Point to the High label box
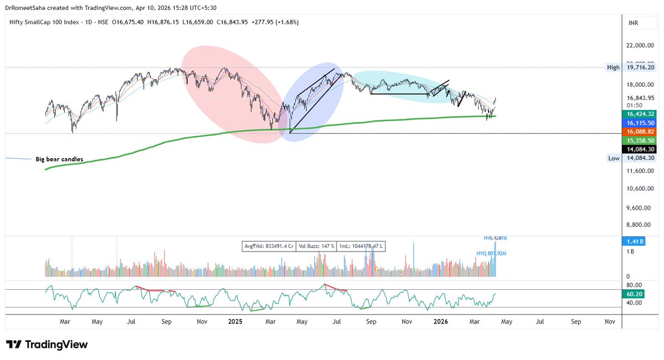[x=613, y=67]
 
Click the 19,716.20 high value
[x=639, y=67]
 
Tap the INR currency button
[x=634, y=23]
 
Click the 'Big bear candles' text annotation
[x=63, y=159]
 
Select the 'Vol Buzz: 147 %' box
[x=315, y=246]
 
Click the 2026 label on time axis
[x=440, y=321]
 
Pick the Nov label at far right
[x=610, y=321]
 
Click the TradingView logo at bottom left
[x=47, y=344]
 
